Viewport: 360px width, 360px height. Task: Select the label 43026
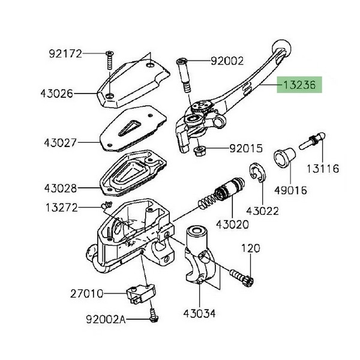click(x=58, y=94)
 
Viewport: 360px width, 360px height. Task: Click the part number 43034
click(x=199, y=314)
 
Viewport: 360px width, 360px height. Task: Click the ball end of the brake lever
click(x=281, y=48)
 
